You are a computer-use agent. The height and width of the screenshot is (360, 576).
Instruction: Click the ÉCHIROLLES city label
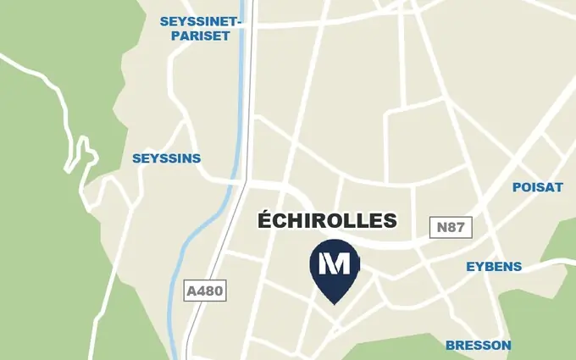327,221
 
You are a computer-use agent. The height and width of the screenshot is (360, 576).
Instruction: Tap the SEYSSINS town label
167,158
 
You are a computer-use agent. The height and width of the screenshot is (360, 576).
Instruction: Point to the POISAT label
537,187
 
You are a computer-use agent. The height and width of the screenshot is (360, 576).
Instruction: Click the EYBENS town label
494,267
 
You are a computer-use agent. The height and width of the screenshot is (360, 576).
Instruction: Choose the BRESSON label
479,345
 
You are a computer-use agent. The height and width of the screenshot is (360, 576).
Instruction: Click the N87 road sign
451,227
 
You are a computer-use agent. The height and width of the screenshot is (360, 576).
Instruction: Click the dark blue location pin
335,268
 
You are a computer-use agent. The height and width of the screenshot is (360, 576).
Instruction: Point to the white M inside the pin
335,263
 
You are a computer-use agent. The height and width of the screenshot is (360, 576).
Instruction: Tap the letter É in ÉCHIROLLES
264,220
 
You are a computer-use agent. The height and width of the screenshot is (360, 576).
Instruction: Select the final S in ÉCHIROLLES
390,221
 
